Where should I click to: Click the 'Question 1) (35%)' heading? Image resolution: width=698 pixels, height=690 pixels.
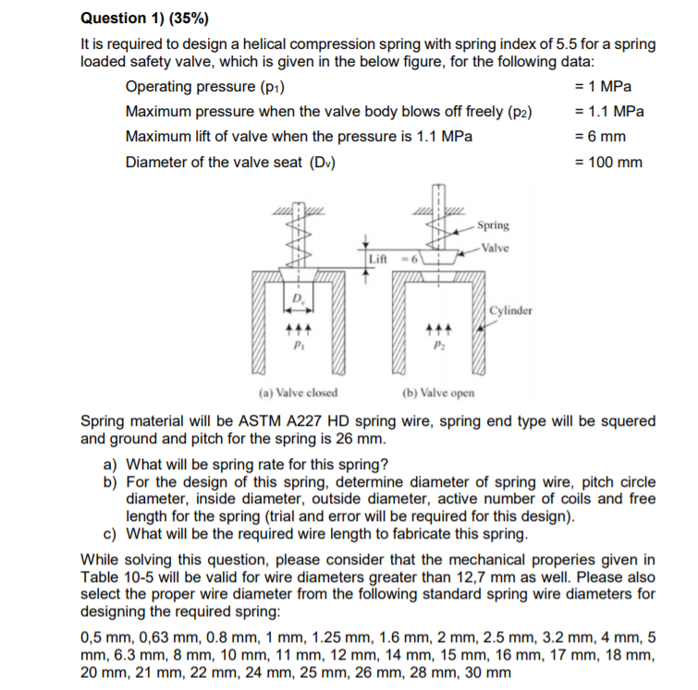point(139,18)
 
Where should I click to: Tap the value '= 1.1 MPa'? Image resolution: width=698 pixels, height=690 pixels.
point(609,112)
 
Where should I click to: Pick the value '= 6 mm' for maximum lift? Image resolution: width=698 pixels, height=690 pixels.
point(600,137)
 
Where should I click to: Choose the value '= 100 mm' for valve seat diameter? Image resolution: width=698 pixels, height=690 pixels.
point(608,163)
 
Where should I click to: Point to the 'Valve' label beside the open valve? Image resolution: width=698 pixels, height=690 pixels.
point(495,248)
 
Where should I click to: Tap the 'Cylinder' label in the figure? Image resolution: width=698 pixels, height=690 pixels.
point(511,310)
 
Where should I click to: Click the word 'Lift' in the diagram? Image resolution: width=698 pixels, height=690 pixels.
point(378,260)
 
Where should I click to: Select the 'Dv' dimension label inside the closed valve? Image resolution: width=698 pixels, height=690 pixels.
point(298,298)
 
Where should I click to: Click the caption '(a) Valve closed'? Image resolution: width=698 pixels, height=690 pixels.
point(298,392)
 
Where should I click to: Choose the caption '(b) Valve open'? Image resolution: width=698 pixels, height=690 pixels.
point(438,392)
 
